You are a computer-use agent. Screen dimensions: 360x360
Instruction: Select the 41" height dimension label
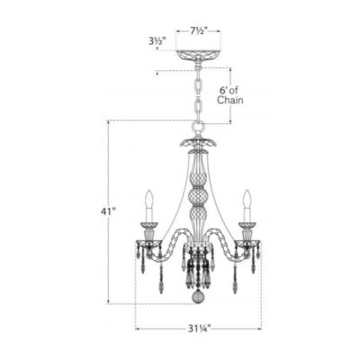pos(110,211)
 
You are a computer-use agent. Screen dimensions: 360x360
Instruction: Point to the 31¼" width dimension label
pos(198,328)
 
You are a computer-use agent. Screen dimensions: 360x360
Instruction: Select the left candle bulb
pos(149,199)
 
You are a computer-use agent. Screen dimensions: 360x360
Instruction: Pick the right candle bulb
pos(245,199)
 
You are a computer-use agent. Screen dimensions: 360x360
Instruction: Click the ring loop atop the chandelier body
pos(197,127)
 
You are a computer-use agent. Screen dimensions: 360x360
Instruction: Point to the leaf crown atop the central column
pos(197,142)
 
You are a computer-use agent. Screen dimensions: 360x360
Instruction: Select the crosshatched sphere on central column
pos(197,197)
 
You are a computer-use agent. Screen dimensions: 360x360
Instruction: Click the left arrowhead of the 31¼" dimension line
pos(138,328)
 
